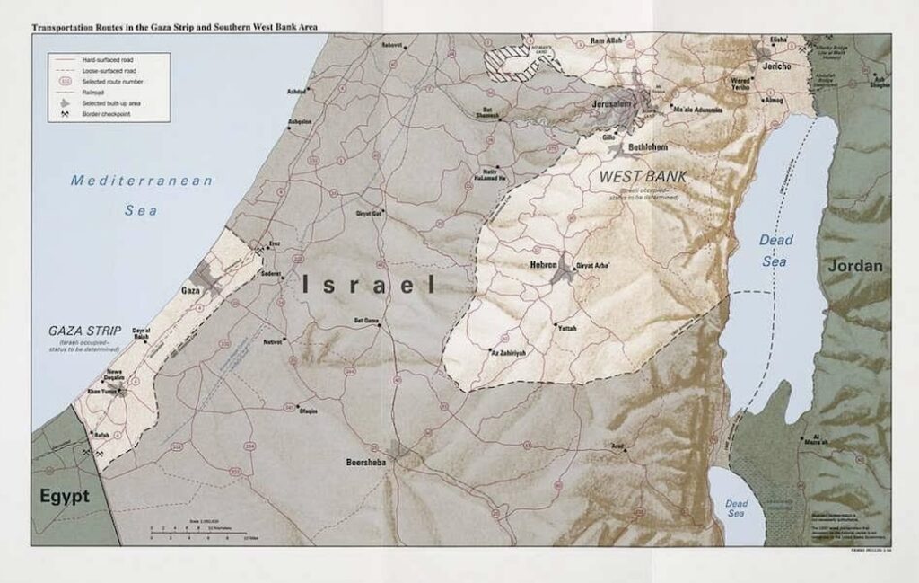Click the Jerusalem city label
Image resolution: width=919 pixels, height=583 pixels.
click(x=613, y=104)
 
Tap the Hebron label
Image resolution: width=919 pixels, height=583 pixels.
click(x=543, y=265)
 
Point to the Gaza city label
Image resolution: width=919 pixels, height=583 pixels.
click(x=190, y=291)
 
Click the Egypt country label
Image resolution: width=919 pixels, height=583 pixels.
click(x=64, y=496)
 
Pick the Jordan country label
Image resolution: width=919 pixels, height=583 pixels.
click(x=855, y=266)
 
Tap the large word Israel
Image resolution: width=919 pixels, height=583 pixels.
click(x=368, y=286)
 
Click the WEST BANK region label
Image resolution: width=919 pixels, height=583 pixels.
click(x=643, y=177)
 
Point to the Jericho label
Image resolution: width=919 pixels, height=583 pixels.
click(x=777, y=67)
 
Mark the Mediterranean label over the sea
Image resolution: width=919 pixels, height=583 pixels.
click(x=142, y=181)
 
